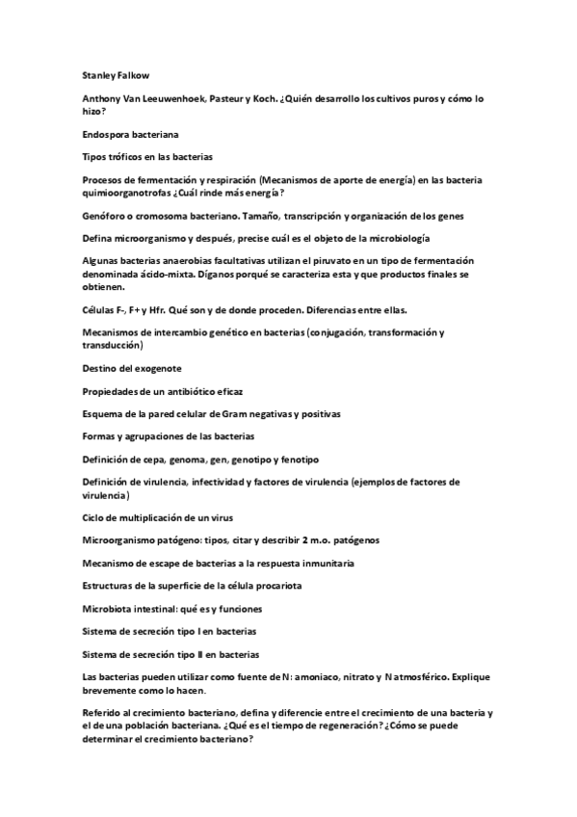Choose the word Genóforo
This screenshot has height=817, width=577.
click(x=106, y=219)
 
